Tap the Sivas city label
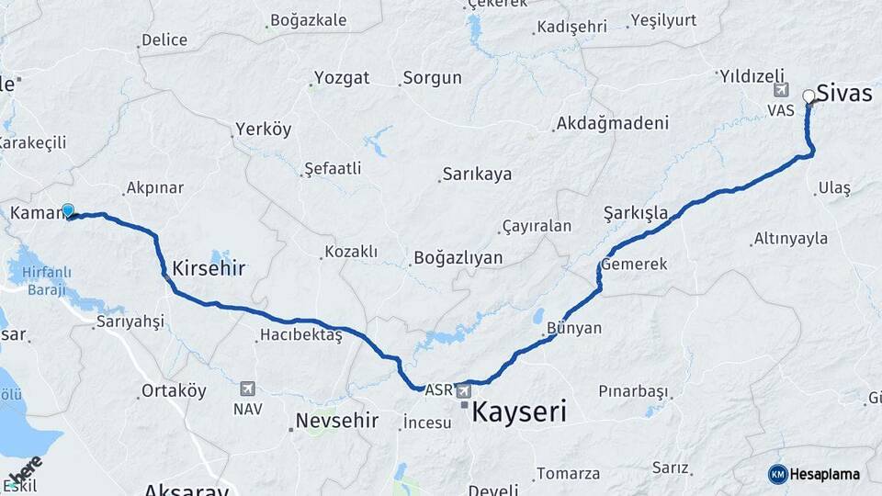coord(844,92)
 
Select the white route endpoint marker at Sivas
coord(808,96)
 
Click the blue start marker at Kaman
coord(67,210)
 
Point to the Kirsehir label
coord(209,269)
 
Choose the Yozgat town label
coord(342,77)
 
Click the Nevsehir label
coord(336,421)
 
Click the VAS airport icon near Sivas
coord(782,90)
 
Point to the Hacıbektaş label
coord(300,336)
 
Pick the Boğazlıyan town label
coord(458,258)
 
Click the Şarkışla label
coord(636,213)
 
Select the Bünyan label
coord(573,328)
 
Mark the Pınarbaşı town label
coord(633,391)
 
